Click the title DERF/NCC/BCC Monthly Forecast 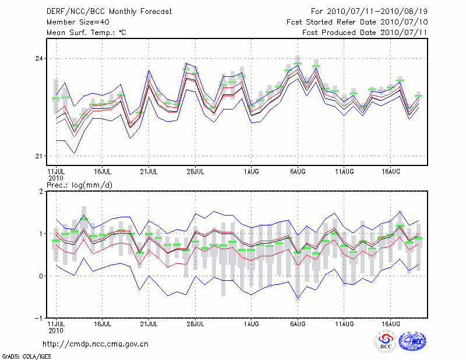point(108,11)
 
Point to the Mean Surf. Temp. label point(86,32)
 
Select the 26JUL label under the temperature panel point(195,172)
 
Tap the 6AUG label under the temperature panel point(298,172)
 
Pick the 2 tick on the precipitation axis point(41,191)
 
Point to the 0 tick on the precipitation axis point(41,276)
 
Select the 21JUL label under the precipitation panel point(149,322)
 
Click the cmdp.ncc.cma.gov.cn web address point(96,344)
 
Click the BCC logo point(386,342)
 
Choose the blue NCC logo point(412,341)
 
